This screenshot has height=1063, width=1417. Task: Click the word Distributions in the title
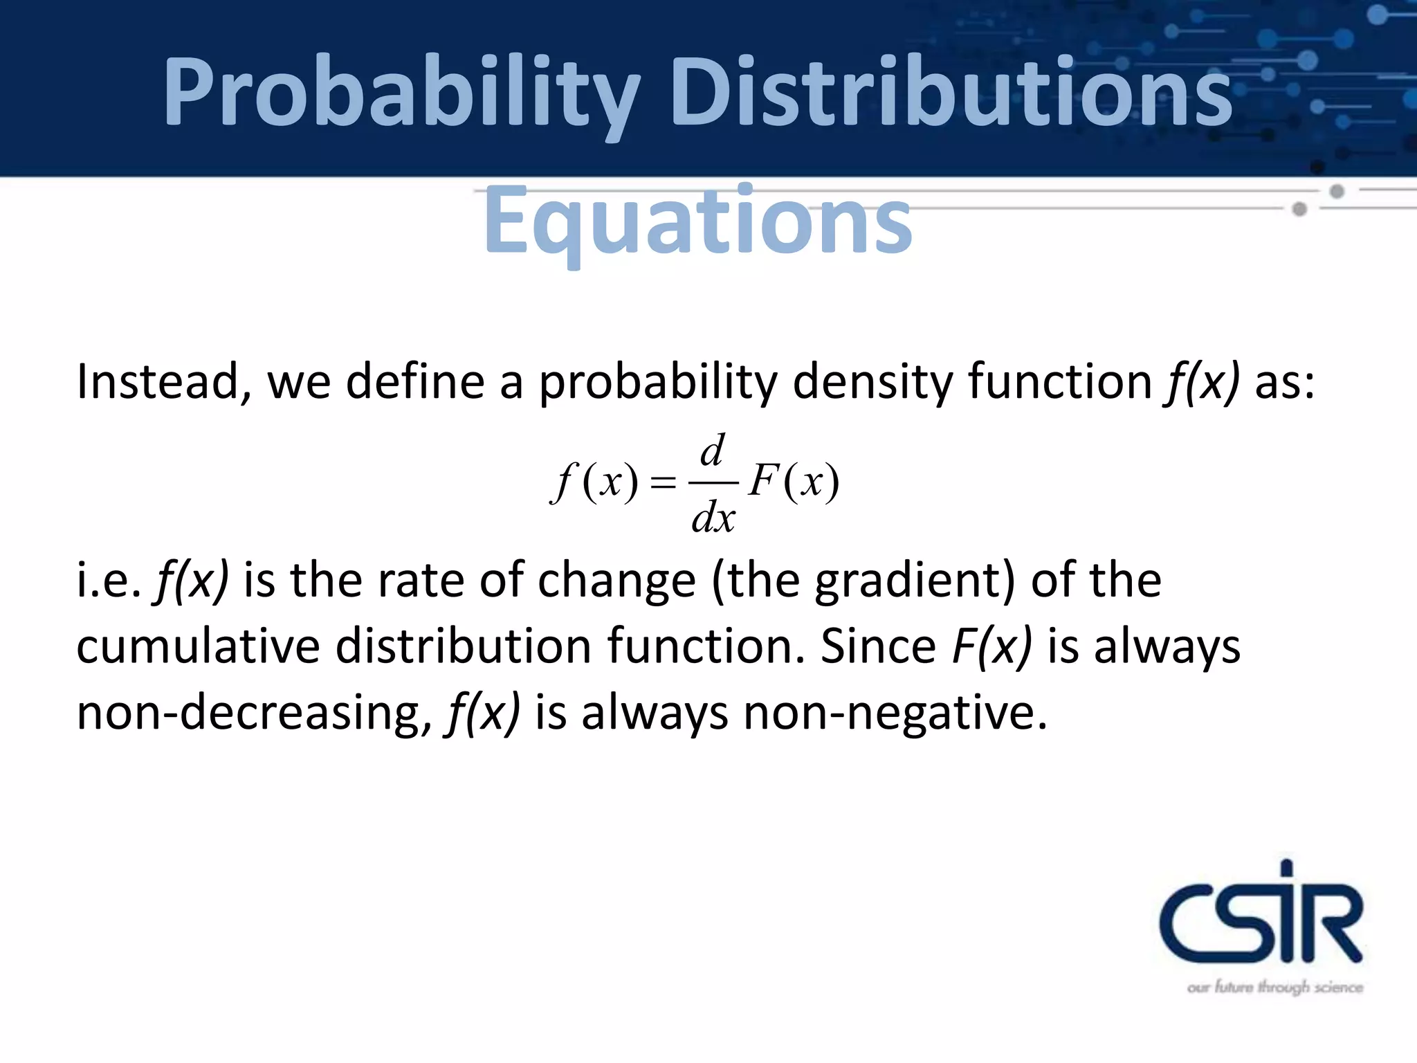(951, 93)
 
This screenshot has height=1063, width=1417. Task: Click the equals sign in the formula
(663, 482)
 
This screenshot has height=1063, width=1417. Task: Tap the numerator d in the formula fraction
(713, 452)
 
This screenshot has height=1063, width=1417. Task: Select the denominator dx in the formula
(713, 516)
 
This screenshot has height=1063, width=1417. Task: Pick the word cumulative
(198, 646)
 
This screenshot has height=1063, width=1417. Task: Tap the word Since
(878, 646)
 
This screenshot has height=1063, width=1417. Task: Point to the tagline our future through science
(1274, 987)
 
